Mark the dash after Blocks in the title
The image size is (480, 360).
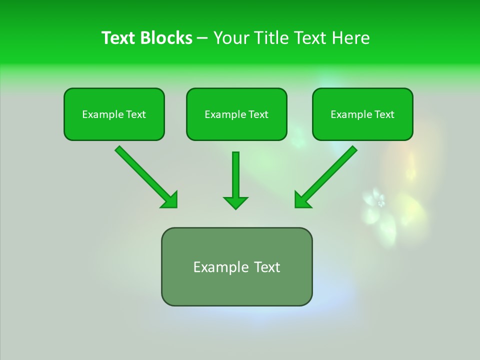click(202, 38)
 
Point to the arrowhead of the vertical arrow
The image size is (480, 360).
click(235, 202)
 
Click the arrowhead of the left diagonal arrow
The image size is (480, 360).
click(170, 200)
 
